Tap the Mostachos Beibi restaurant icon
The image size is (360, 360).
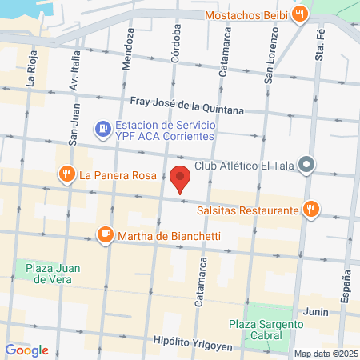[299, 14]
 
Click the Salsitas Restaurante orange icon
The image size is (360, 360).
[311, 210]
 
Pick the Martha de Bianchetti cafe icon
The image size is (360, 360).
[105, 235]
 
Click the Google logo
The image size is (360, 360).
[27, 350]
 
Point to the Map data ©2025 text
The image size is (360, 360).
[324, 354]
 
